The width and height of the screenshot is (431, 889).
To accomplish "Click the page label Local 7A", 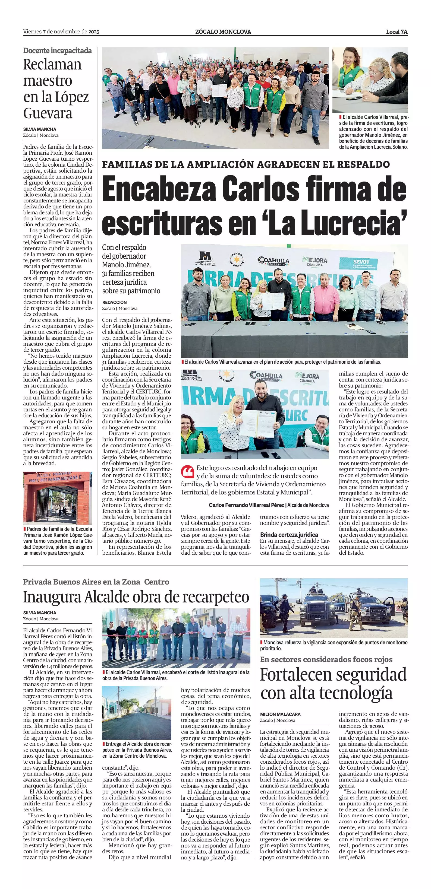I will click(x=397, y=32).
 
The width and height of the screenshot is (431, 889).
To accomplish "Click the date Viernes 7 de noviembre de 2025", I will click(x=61, y=32).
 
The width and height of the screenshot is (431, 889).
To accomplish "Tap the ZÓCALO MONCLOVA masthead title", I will click(x=223, y=32).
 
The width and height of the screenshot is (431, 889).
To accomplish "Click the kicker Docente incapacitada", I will click(x=57, y=51).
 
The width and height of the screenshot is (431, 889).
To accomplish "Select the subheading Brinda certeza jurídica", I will click(x=289, y=535).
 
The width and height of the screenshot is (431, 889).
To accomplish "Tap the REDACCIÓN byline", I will click(x=114, y=302).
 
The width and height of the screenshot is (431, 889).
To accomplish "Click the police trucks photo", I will click(x=334, y=608).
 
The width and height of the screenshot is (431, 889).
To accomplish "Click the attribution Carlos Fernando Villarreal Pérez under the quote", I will click(x=247, y=505).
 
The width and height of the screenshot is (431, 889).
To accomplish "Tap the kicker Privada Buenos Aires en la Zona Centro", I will click(x=96, y=582).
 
